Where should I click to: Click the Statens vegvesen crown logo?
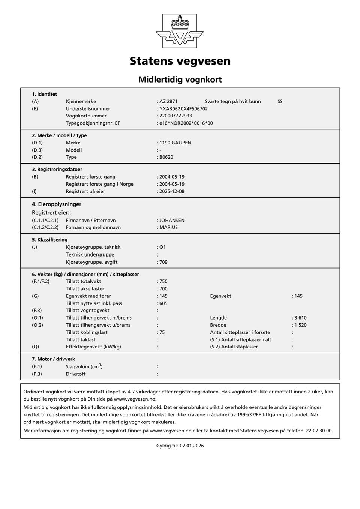point(180,31)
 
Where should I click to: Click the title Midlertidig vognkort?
point(180,80)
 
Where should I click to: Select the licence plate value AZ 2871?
point(168,101)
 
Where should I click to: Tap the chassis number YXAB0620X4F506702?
point(183,109)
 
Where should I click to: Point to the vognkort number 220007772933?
point(175,116)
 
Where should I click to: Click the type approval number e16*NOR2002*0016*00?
point(186,123)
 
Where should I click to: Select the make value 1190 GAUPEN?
point(175,143)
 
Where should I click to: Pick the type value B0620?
point(166,157)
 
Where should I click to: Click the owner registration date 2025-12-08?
point(172,191)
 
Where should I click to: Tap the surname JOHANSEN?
point(172,221)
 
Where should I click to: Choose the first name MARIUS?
point(168,227)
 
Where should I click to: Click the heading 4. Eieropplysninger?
point(57,204)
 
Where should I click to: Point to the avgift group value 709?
point(163,262)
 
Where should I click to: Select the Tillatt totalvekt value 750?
point(163,281)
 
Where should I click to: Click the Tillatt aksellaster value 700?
point(163,289)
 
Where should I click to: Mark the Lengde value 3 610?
point(300,318)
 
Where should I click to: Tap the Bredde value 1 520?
point(300,325)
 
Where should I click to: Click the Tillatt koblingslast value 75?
point(162,332)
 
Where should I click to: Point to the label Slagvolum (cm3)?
point(84,366)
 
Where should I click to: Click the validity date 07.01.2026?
point(192,446)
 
